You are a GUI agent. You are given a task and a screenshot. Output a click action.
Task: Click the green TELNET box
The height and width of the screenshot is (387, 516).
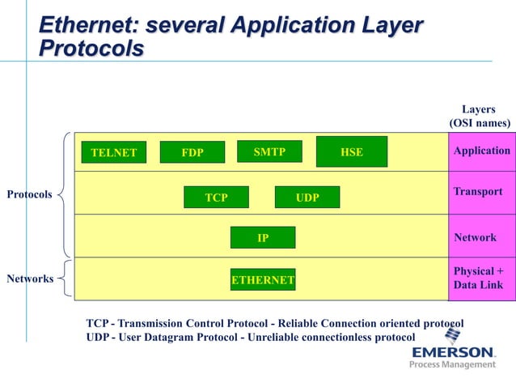pyautogui.click(x=113, y=152)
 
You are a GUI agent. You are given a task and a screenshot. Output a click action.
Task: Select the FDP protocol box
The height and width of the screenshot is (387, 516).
pyautogui.click(x=192, y=152)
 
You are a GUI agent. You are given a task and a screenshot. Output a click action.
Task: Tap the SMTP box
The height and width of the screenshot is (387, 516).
pyautogui.click(x=269, y=151)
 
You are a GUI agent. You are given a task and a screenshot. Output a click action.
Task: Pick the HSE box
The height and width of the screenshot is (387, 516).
pyautogui.click(x=352, y=151)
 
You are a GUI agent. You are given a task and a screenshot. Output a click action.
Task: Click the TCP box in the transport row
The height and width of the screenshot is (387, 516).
pyautogui.click(x=216, y=198)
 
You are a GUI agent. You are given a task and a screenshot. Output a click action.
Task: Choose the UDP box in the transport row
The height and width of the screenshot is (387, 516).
pyautogui.click(x=307, y=198)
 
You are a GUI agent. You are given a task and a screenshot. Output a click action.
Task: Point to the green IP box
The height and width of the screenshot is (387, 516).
pyautogui.click(x=263, y=238)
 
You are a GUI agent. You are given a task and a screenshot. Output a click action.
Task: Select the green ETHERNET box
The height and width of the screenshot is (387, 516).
pyautogui.click(x=263, y=280)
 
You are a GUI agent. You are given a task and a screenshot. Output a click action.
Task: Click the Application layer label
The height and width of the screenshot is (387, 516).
pyautogui.click(x=482, y=151)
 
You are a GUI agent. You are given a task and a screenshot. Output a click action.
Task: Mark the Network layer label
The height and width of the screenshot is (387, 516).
pyautogui.click(x=476, y=237)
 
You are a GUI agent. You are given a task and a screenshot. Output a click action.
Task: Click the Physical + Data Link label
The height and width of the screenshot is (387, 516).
pyautogui.click(x=479, y=278)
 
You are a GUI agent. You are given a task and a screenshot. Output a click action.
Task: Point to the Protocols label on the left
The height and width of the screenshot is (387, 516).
pyautogui.click(x=30, y=194)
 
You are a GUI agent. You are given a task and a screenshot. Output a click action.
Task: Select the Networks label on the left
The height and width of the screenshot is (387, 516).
pyautogui.click(x=30, y=279)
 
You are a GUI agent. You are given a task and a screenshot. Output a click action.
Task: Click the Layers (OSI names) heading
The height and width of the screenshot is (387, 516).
pyautogui.click(x=480, y=117)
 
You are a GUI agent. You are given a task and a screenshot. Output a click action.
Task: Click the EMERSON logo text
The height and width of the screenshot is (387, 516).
pyautogui.click(x=453, y=352)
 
